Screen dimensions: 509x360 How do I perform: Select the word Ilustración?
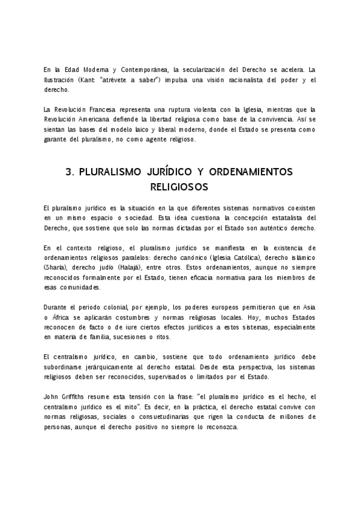[x=58, y=79]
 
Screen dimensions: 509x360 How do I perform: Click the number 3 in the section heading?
[x=69, y=172]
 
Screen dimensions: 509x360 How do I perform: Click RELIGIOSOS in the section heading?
[x=180, y=187]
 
